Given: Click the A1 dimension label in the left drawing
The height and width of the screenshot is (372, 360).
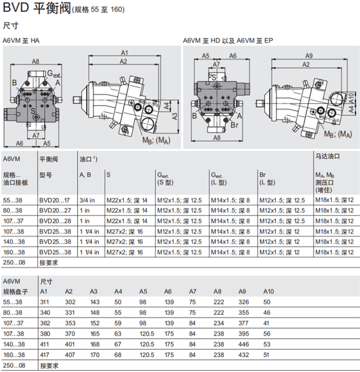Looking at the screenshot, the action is click(125, 52).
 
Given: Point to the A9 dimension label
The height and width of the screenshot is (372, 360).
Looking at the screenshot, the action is click(309, 56).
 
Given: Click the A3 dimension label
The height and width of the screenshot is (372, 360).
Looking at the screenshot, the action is click(174, 116).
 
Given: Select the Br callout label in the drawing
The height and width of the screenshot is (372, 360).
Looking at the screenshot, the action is click(234, 125).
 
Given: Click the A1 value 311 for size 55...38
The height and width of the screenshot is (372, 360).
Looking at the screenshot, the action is click(44, 302).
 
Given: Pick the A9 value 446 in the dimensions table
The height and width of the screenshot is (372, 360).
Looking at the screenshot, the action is click(244, 344).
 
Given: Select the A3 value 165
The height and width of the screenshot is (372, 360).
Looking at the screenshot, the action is click(95, 334).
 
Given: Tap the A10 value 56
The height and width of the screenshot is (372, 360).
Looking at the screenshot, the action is click(267, 334).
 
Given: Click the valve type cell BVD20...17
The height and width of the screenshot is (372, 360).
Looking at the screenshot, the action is click(54, 201).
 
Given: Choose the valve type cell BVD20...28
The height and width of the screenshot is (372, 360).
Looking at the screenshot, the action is click(55, 221).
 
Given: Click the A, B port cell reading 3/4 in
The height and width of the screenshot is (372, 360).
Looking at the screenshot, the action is click(87, 201).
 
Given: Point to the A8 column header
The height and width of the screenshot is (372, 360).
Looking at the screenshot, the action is click(217, 291).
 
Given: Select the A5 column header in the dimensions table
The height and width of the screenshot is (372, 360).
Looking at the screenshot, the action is click(143, 291).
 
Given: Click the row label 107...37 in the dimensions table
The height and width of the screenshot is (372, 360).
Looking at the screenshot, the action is click(13, 323).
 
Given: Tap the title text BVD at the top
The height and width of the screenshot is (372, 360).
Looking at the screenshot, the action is click(16, 7).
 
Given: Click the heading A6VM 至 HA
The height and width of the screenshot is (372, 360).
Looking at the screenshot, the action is click(21, 41).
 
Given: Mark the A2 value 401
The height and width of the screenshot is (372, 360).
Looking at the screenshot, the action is click(69, 344).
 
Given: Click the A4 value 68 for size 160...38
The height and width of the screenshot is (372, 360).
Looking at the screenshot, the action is click(118, 355).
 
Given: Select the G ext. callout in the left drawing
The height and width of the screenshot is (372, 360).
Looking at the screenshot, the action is click(54, 74).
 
